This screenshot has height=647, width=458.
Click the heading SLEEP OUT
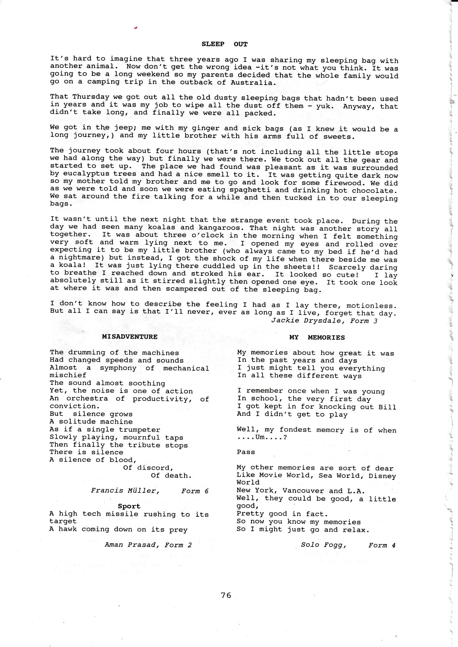point(225,44)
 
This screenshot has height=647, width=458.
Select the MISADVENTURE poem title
point(130,337)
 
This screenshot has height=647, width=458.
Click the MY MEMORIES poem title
point(317,338)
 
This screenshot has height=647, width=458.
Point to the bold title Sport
point(129,506)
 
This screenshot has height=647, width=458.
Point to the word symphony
point(118,368)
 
